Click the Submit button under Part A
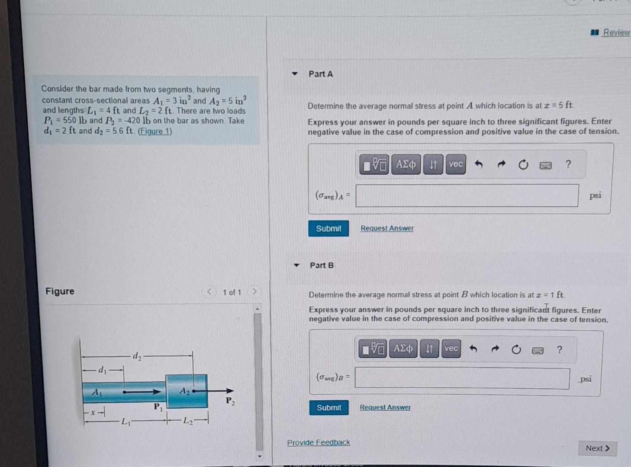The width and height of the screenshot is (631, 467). [x=328, y=228]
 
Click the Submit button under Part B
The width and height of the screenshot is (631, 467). [x=329, y=407]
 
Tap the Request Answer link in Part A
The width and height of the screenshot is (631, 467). [x=387, y=228]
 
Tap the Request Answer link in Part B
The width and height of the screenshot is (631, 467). [x=385, y=407]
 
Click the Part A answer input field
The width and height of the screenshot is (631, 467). [x=467, y=195]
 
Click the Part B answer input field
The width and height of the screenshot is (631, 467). [x=462, y=379]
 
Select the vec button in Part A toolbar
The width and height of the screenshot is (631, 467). [x=455, y=164]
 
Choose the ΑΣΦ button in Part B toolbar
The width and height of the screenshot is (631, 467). [x=403, y=349]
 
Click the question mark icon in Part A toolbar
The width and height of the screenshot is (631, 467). [x=568, y=164]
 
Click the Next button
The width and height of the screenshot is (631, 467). [x=597, y=448]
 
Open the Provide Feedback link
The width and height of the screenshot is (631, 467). [x=319, y=442]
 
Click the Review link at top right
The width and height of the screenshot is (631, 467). [x=616, y=32]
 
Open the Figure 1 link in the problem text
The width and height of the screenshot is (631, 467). [x=155, y=131]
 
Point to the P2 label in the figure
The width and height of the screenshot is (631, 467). [x=230, y=401]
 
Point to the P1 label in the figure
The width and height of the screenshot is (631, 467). [x=158, y=407]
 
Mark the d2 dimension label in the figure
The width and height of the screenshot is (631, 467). [x=137, y=356]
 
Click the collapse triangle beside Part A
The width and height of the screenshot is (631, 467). [x=295, y=74]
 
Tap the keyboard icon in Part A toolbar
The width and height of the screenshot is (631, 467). [x=545, y=165]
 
